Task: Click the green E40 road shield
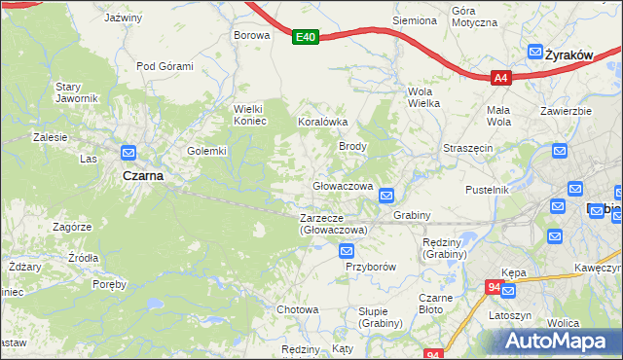[x=306, y=37]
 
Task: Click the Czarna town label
[x=142, y=176]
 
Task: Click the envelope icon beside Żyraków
[x=535, y=54]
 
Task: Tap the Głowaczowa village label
[x=343, y=186]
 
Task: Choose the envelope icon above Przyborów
[x=347, y=251]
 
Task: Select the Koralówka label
[x=322, y=123]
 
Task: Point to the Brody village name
[x=351, y=146]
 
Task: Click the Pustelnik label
[x=488, y=190]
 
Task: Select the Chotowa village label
[x=298, y=309]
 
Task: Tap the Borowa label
[x=250, y=35]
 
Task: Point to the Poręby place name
[x=109, y=284]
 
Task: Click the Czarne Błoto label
[x=430, y=304]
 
